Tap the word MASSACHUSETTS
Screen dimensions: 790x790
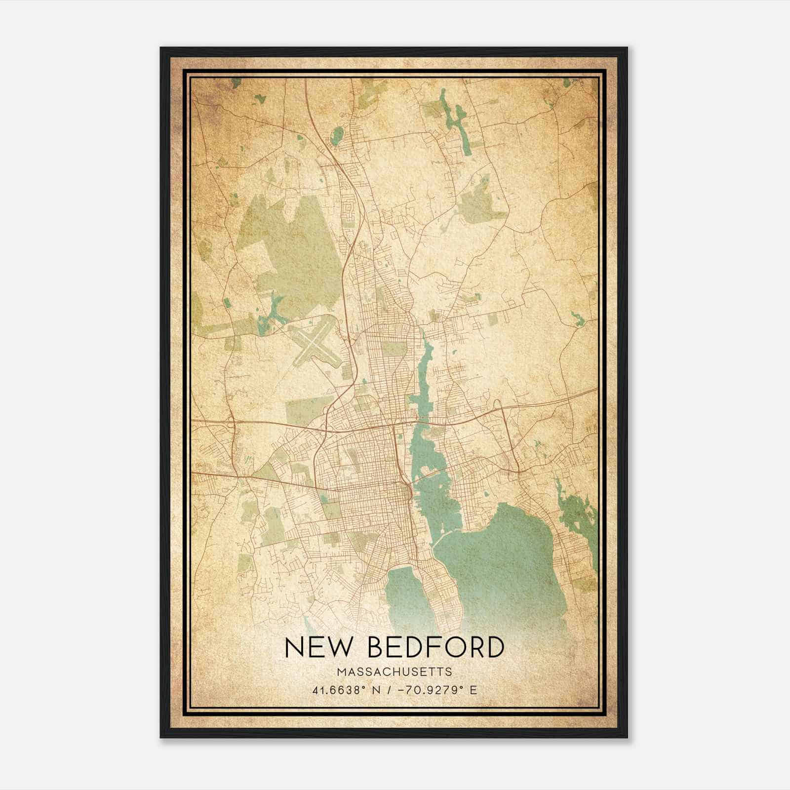click(x=395, y=671)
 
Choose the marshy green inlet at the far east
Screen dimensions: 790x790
click(x=575, y=513)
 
